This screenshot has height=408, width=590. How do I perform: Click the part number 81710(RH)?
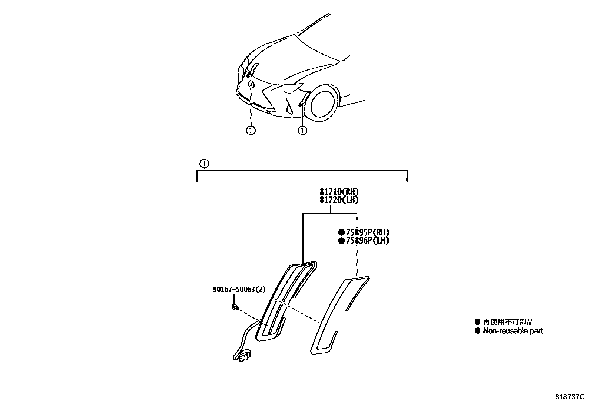pos(339,192)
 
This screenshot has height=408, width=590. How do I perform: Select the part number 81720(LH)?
pos(339,200)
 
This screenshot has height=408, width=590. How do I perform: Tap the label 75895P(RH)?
pos(367,233)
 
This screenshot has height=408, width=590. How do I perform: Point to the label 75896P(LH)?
pos(367,241)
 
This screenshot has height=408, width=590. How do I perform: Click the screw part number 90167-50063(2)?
pos(239,289)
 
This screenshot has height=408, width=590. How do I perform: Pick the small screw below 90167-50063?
pos(235,307)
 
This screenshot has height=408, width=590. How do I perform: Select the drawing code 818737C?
pos(569,396)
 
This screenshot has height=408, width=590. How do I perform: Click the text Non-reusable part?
pos(513,331)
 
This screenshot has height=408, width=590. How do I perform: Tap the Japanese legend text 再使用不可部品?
pos(508,322)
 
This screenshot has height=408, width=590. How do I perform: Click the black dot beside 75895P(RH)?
pos(341,233)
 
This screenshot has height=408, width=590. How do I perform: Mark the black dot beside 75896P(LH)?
pos(341,241)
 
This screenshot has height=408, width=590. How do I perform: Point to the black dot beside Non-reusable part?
pos(477,331)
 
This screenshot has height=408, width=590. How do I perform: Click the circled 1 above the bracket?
pos(204,163)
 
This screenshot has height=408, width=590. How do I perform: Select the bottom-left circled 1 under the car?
pos(251,130)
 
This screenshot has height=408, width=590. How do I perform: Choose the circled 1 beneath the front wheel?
pos(303,130)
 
